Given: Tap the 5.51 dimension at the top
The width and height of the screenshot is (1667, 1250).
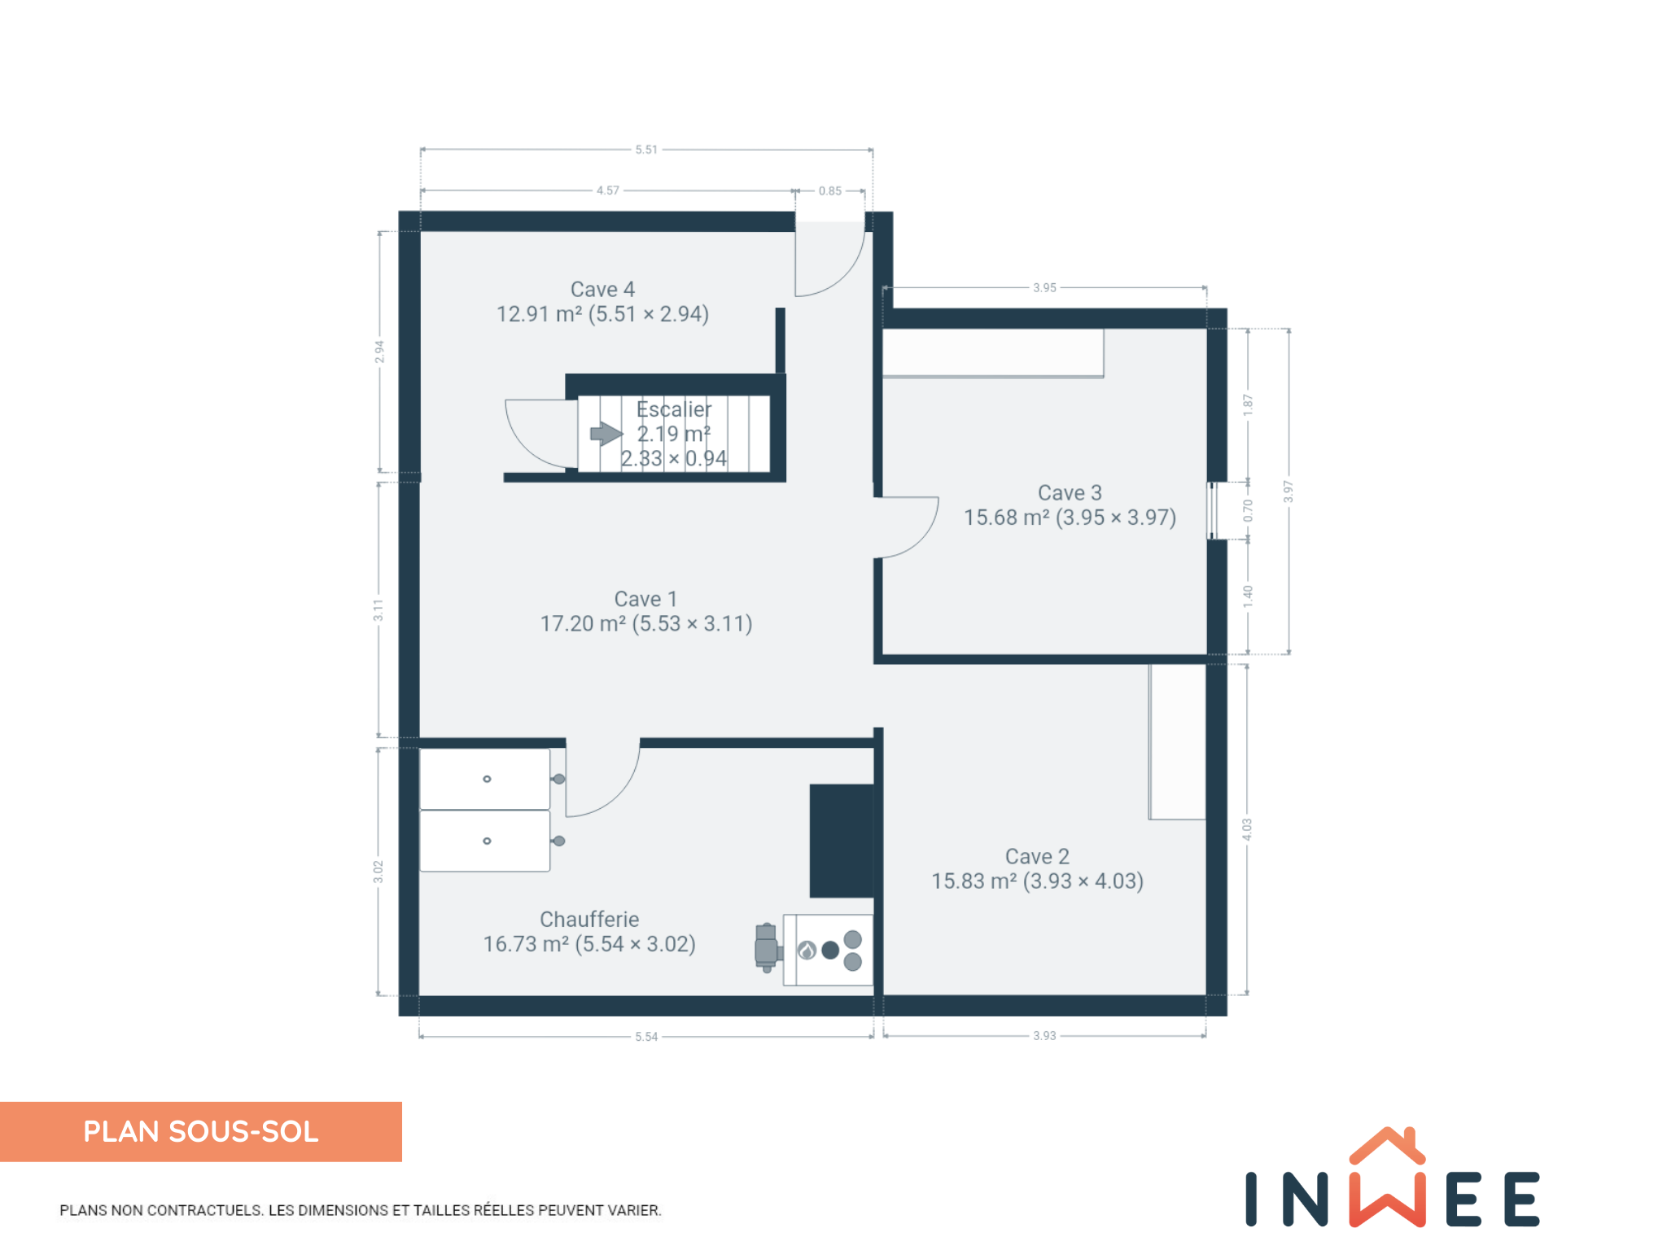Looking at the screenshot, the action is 646,150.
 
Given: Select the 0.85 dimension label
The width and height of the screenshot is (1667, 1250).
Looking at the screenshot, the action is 830,191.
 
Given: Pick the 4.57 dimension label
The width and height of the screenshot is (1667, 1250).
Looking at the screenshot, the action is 608,190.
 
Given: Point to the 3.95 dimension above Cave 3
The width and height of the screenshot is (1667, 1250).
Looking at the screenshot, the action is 1044,287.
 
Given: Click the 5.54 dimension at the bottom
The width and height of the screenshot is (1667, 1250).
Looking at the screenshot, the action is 646,1037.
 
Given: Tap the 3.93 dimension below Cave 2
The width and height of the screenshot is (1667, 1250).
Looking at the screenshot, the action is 1044,1036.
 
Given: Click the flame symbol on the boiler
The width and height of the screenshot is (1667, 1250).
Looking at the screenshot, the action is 807,950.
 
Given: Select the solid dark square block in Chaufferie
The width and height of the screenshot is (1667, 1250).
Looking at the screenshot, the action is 842,841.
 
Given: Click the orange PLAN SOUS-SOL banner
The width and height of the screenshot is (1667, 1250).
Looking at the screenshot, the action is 201,1132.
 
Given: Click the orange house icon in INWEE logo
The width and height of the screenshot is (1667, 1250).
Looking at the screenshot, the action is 1387,1145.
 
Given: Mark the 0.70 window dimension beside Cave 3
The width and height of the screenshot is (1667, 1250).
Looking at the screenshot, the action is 1248,510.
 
